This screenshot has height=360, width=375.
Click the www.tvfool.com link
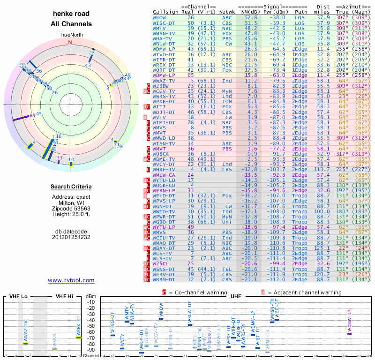71,280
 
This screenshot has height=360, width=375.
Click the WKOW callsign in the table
159,17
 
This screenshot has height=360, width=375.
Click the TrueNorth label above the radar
71,35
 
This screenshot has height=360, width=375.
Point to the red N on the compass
71,42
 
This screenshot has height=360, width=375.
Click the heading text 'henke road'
71,14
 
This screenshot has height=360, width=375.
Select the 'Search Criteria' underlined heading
71,187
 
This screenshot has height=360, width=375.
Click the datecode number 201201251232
71,237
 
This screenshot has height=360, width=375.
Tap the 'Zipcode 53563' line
71,208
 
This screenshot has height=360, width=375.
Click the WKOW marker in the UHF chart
161,319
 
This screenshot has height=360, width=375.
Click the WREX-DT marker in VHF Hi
79,337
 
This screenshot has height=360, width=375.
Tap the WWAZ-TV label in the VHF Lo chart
25,330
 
